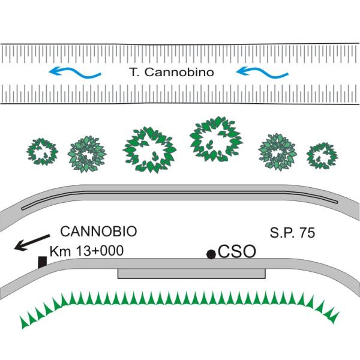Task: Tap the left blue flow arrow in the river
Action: tap(74, 73)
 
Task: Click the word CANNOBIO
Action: tap(99, 231)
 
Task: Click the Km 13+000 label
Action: tap(86, 251)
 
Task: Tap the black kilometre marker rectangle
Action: tap(43, 262)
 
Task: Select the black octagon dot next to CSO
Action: tap(211, 254)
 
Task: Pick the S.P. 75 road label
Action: tap(292, 231)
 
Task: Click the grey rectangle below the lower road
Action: tap(191, 274)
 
